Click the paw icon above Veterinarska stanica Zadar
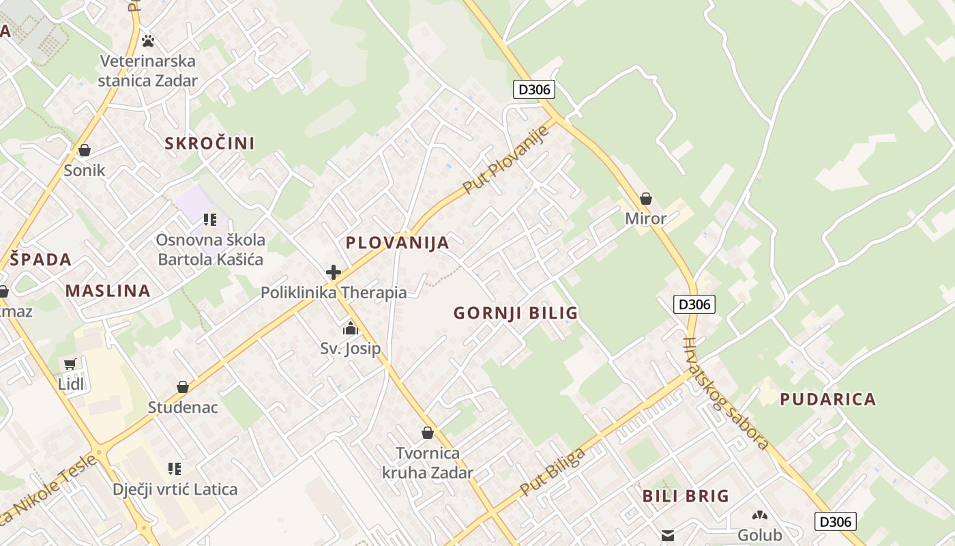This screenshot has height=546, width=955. [x=148, y=41]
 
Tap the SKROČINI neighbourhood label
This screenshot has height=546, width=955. [x=209, y=143]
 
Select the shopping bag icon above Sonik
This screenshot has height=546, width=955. [x=85, y=150]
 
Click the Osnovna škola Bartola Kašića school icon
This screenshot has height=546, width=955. [x=210, y=220]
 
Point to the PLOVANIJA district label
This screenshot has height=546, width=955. [x=397, y=243]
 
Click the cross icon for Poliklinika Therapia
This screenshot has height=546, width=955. [x=334, y=273]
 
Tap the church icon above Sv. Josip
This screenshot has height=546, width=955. [x=351, y=329]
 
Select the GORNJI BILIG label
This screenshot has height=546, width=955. [x=516, y=313]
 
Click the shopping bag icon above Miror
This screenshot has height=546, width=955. [x=645, y=199]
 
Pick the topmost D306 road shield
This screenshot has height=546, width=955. [x=533, y=89]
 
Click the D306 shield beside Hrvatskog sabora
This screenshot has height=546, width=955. [x=694, y=304]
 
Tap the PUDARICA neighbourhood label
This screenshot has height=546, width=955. [x=827, y=399]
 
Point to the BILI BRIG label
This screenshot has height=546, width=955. [x=686, y=496]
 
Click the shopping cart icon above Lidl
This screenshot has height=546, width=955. [x=70, y=364]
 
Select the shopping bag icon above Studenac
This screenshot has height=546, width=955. [x=183, y=387]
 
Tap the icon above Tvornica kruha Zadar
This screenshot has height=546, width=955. [x=428, y=433]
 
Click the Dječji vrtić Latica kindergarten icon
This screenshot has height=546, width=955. [x=175, y=469]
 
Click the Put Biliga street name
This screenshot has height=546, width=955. [x=553, y=472]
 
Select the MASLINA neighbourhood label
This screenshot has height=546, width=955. [x=108, y=291]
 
